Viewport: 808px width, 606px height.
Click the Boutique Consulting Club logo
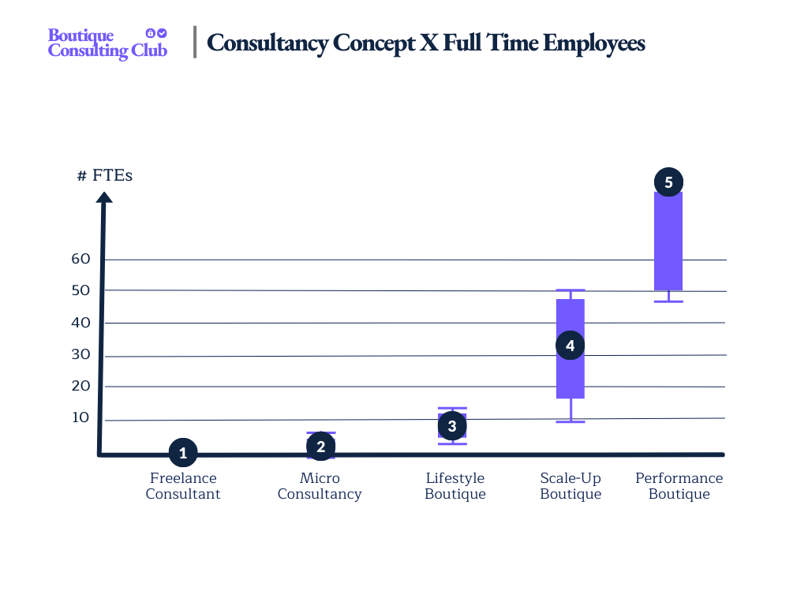coord(107,43)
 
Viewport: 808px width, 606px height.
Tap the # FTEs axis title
coord(105,175)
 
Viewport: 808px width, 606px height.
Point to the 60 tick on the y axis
coord(81,259)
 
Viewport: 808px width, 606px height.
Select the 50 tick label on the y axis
coord(81,290)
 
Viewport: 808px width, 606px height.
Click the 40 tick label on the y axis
coord(81,323)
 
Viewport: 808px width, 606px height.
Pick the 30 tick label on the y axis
coord(81,354)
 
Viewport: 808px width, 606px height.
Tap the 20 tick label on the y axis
coord(81,386)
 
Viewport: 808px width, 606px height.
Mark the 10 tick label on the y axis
coord(81,417)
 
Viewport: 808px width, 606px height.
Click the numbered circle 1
coord(183,453)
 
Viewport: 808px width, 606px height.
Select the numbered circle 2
coord(320,447)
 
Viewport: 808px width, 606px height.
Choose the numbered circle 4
coord(570,346)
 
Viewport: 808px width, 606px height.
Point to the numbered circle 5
coord(668,182)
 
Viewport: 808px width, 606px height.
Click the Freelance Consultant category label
coord(183,486)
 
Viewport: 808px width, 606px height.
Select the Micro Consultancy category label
coord(320,486)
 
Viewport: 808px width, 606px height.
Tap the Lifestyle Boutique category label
coord(455,486)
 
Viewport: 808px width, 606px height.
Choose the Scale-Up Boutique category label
coord(570,486)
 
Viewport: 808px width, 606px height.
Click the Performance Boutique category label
coord(679,486)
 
